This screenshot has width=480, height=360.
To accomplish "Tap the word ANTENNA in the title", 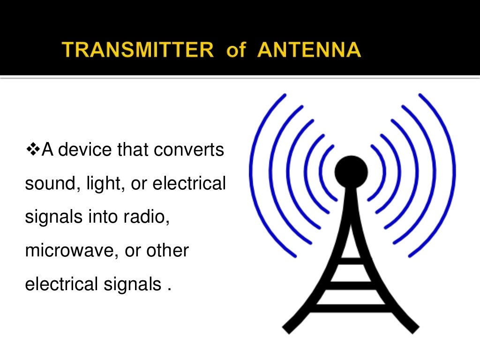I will click(x=309, y=50).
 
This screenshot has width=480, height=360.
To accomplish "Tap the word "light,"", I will click(x=104, y=184).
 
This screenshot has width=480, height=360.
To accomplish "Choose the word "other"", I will click(x=167, y=251).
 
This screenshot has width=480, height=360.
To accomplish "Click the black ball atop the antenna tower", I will click(x=351, y=170).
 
